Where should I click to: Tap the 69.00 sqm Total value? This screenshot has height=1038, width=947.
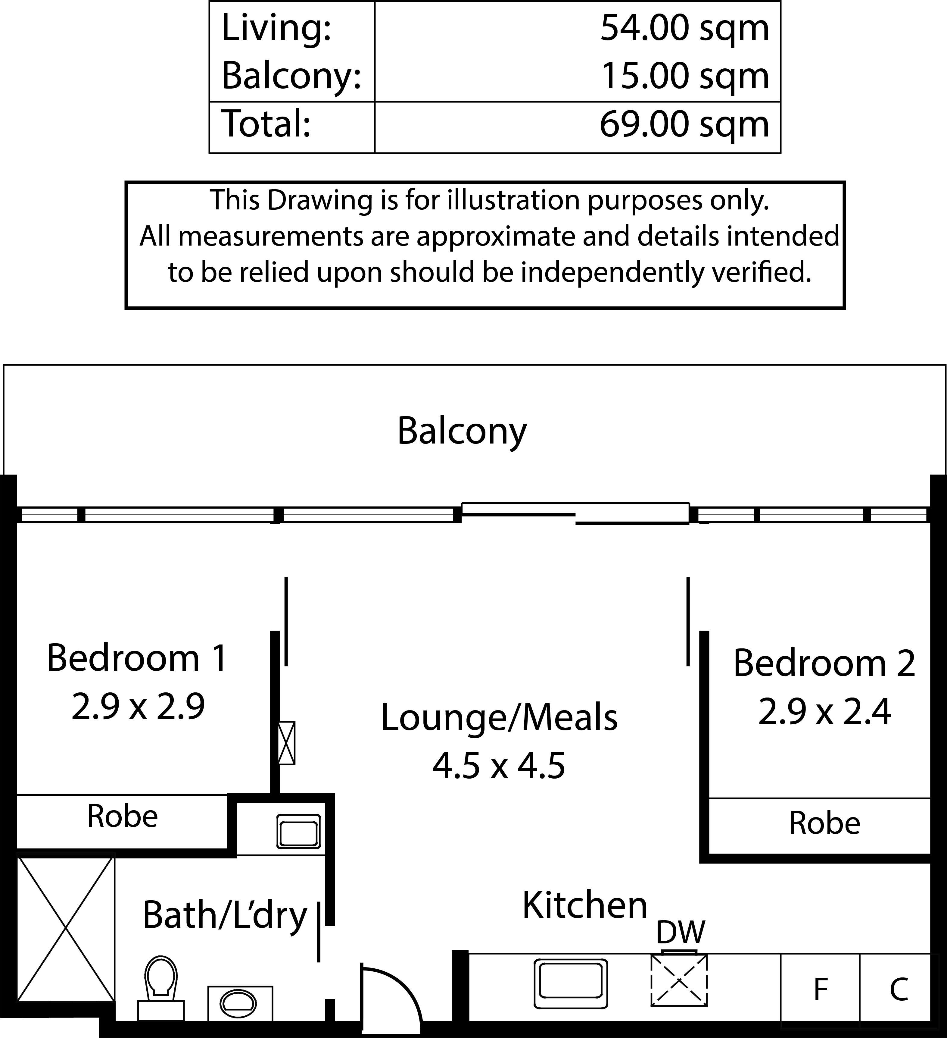coord(684,125)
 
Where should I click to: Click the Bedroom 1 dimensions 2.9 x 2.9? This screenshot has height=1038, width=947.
coord(138,707)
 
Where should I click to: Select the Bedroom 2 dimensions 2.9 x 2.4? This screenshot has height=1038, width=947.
coord(824,712)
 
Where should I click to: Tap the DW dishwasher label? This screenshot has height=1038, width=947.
coord(681,931)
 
